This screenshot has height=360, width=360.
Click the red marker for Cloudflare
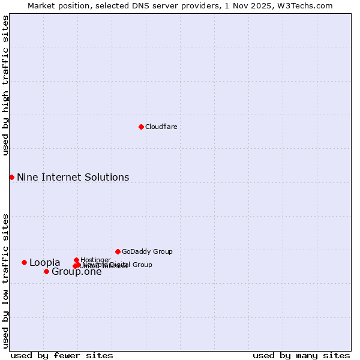[x=141, y=127]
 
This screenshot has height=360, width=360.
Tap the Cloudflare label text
[x=161, y=127]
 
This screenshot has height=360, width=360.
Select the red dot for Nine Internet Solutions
[x=11, y=177]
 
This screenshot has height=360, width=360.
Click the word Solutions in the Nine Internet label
[x=108, y=177]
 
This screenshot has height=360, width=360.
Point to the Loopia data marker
[x=24, y=262]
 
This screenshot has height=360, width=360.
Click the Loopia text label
[x=44, y=262]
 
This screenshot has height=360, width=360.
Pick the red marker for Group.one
[x=46, y=271]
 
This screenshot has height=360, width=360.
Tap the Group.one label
[x=76, y=272]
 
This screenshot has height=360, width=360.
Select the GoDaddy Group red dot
[x=118, y=251]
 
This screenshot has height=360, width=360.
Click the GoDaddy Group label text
[x=147, y=251]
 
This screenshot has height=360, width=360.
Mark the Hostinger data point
[x=76, y=260]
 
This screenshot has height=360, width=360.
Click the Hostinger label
[x=95, y=260]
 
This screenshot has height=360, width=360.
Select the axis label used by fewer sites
[x=62, y=355]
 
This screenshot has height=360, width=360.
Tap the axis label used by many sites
[x=301, y=355]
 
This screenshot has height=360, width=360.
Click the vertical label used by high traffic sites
[x=5, y=85]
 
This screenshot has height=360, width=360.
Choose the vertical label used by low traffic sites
[x=5, y=280]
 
